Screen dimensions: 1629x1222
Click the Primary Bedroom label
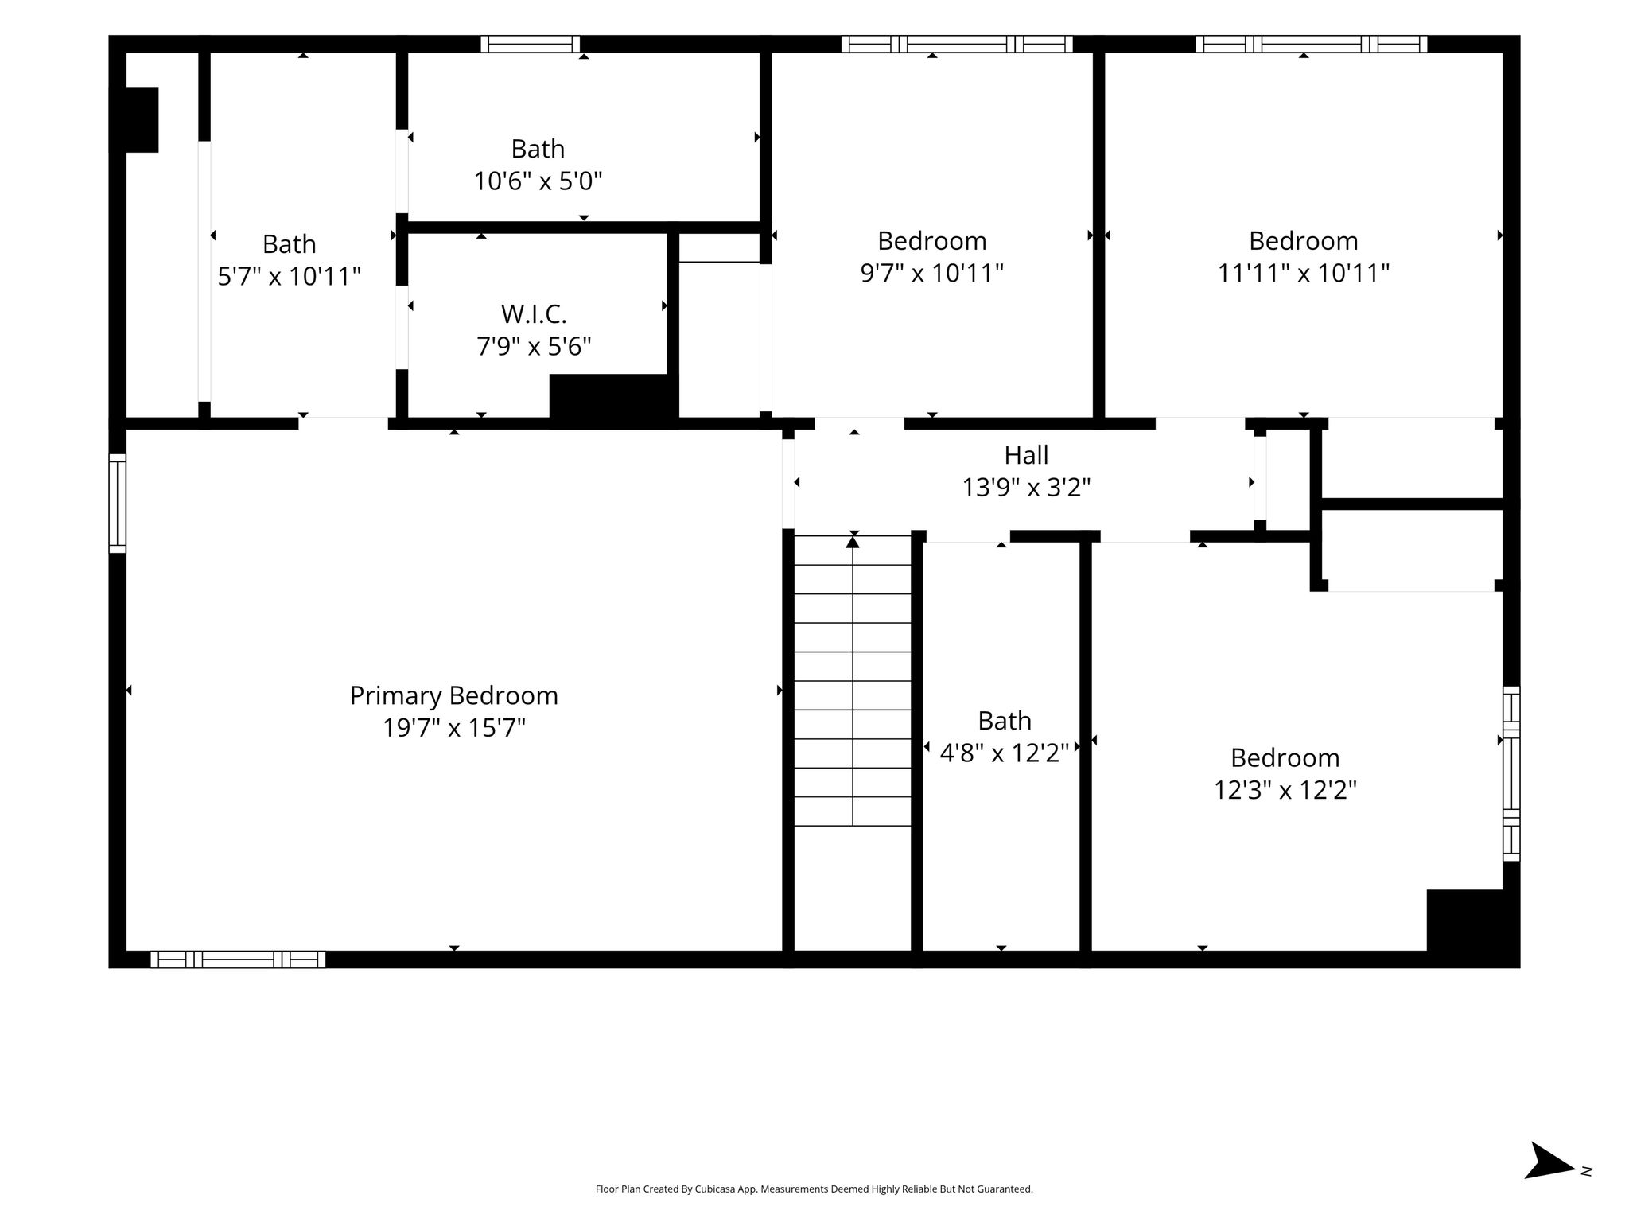click(x=453, y=696)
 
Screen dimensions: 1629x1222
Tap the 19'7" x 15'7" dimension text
click(x=454, y=728)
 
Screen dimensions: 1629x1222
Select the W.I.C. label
click(x=534, y=314)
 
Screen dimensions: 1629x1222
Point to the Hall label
click(x=1026, y=455)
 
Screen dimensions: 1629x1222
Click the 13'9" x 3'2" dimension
click(x=1026, y=487)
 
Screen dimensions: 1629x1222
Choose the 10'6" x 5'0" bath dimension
click(x=538, y=181)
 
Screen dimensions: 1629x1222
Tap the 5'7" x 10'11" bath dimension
click(x=290, y=277)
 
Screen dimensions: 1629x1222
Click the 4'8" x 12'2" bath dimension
click(x=1005, y=753)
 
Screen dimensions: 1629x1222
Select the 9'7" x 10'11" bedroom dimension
click(x=932, y=274)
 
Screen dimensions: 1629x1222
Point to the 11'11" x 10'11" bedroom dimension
click(x=1304, y=274)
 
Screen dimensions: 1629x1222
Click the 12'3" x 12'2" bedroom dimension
click(x=1285, y=790)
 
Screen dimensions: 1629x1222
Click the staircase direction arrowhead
click(x=853, y=542)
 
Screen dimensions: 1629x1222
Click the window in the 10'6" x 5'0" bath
click(x=531, y=44)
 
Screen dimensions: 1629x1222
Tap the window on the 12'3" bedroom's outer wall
click(x=1511, y=774)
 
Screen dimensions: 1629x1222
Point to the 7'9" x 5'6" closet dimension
click(x=534, y=347)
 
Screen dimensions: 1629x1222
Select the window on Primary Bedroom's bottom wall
click(x=238, y=959)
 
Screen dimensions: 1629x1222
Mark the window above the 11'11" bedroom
click(x=1312, y=44)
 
